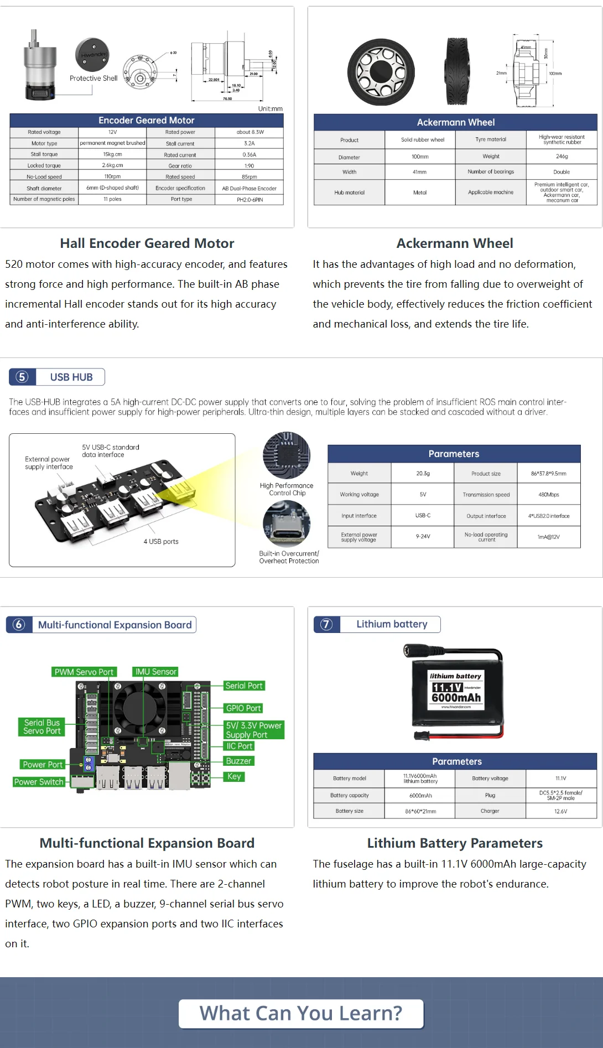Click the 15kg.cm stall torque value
pyautogui.click(x=112, y=154)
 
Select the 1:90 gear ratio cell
pyautogui.click(x=249, y=165)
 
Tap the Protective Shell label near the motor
pyautogui.click(x=93, y=78)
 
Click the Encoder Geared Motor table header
pyautogui.click(x=146, y=120)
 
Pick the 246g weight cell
pyautogui.click(x=562, y=157)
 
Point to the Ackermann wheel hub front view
pyautogui.click(x=381, y=72)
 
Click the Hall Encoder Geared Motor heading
pyautogui.click(x=147, y=243)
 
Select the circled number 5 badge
pyautogui.click(x=22, y=377)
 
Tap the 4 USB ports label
pyautogui.click(x=161, y=542)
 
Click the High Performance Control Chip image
pyautogui.click(x=287, y=455)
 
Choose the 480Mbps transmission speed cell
pyautogui.click(x=548, y=495)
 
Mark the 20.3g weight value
pyautogui.click(x=423, y=474)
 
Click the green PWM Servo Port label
pyautogui.click(x=84, y=672)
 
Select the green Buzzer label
pyautogui.click(x=238, y=761)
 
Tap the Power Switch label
pyautogui.click(x=39, y=782)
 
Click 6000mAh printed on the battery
pyautogui.click(x=456, y=698)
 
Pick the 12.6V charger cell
pyautogui.click(x=560, y=811)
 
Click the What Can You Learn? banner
pyautogui.click(x=301, y=1013)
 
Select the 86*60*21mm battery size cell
pyautogui.click(x=420, y=811)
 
